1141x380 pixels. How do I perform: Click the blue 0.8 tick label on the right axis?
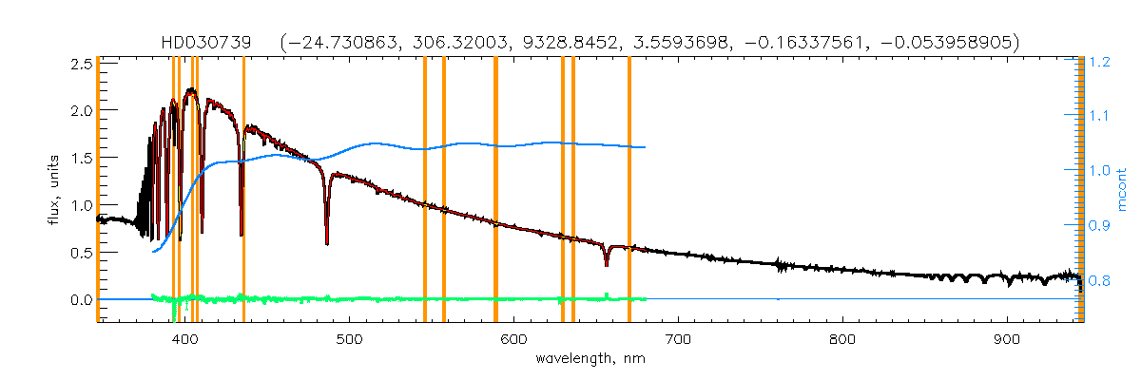tap(1100, 281)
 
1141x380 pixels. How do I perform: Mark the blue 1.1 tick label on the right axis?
tap(1100, 117)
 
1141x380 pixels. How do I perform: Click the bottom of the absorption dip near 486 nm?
tap(327, 243)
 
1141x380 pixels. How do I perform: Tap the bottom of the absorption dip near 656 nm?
tap(607, 265)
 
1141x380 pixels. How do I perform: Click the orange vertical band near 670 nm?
tap(629, 190)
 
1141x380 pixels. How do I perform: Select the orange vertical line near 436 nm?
tap(244, 190)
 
